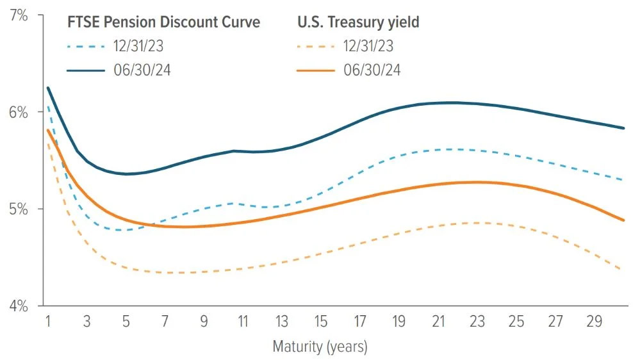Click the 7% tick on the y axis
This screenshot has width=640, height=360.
(x=19, y=15)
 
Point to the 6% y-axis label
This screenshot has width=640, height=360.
(x=19, y=112)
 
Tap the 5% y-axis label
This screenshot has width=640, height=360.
(x=19, y=209)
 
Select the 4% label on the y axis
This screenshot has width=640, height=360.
(x=19, y=306)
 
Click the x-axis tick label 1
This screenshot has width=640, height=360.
(x=48, y=320)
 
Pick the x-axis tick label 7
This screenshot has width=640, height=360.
(x=165, y=320)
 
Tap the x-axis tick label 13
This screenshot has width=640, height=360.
(x=281, y=320)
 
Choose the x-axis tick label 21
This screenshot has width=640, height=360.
(x=438, y=320)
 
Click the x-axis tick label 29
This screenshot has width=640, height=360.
(x=595, y=320)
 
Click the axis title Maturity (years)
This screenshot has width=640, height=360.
(x=320, y=347)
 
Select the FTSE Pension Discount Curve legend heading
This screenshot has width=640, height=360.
(x=164, y=22)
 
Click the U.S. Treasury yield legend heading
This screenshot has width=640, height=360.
(x=358, y=22)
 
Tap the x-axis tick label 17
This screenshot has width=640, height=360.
(x=359, y=320)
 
